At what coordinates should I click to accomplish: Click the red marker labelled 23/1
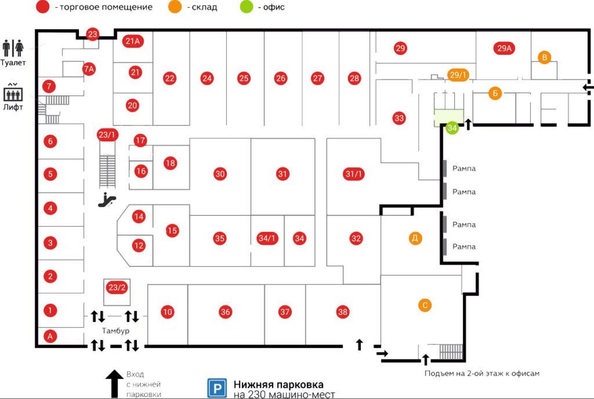107,135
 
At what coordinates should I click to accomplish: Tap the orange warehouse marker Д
415,238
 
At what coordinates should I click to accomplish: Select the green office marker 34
452,128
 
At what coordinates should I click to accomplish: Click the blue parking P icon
217,388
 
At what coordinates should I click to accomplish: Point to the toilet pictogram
13,48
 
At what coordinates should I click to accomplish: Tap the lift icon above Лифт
13,93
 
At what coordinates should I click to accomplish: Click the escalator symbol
107,199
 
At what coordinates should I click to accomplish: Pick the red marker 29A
504,48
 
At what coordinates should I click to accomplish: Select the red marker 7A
89,69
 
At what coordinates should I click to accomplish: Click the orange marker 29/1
458,75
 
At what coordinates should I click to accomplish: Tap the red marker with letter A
50,336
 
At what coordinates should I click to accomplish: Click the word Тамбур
115,331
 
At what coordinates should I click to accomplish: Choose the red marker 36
225,312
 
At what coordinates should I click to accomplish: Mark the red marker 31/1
354,174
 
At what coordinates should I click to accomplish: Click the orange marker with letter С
425,305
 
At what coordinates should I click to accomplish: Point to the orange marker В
544,57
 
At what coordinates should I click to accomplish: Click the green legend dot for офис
246,7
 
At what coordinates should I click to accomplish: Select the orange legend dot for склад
175,7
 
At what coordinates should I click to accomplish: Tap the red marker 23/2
117,287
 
